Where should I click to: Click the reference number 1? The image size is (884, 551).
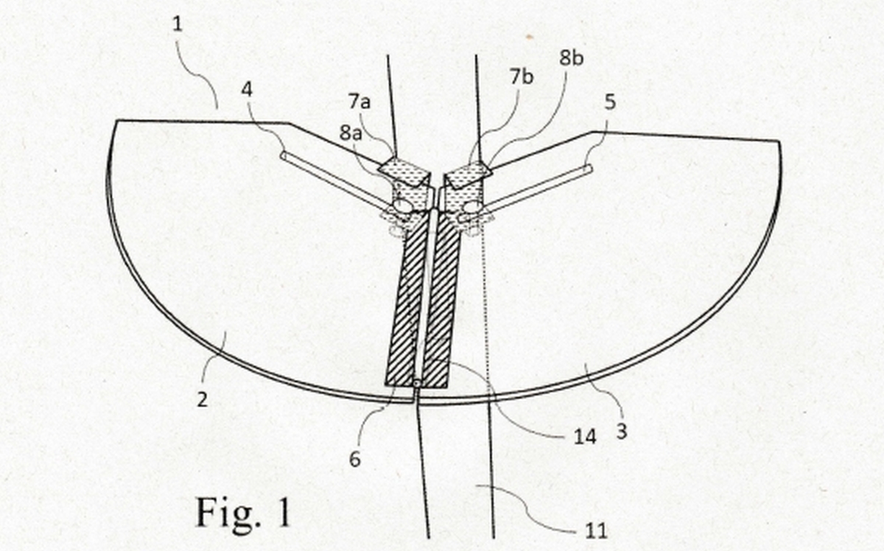pos(178,24)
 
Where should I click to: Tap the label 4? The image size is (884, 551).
pos(247,90)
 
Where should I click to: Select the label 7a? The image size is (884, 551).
pos(359,102)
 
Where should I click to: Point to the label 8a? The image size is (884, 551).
pos(351,133)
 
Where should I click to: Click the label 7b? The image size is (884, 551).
pos(522,77)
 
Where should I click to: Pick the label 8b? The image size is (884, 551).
pos(572,58)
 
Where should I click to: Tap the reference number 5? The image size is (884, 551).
pos(610,102)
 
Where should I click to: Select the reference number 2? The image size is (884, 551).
pos(203,399)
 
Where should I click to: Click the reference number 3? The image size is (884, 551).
pos(622,431)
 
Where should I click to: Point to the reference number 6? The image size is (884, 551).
pos(355,460)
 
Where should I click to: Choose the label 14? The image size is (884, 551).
pos(585,437)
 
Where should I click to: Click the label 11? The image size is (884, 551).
pos(596,531)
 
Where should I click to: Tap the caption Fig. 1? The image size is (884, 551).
pos(243,512)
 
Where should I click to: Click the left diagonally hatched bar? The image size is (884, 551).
pos(407,300)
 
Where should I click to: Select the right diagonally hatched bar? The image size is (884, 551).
pos(441,300)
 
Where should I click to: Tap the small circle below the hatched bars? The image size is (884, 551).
pos(417,383)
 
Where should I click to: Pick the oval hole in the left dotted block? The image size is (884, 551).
pos(401,206)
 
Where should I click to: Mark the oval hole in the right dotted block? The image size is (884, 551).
pos(472,206)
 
